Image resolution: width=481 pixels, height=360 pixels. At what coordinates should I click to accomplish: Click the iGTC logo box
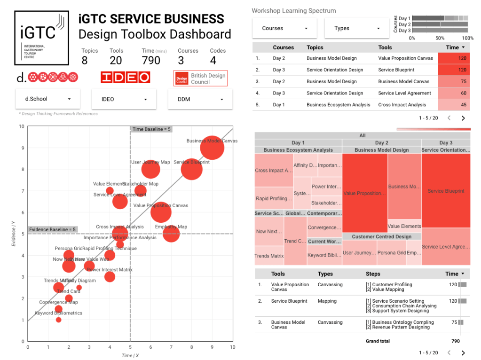[x=41, y=38]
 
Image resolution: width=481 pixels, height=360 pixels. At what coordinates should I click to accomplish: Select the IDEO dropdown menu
[x=124, y=99]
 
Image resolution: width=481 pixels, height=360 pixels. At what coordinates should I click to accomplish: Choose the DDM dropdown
[x=200, y=99]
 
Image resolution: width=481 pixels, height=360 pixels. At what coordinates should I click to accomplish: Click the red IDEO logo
[x=125, y=78]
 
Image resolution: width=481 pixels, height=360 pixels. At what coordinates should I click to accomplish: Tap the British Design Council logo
[x=200, y=78]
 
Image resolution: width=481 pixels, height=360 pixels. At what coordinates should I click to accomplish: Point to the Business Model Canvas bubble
[x=212, y=148]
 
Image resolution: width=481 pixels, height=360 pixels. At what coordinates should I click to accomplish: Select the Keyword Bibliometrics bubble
[x=58, y=320]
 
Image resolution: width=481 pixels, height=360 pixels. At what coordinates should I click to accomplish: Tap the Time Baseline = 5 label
[x=151, y=129]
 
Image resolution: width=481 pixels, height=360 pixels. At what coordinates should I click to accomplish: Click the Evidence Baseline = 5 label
[x=52, y=229]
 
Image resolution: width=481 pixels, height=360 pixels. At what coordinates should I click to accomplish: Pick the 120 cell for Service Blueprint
[x=454, y=70]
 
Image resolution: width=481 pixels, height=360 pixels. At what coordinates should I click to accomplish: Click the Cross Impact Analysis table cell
[x=402, y=105]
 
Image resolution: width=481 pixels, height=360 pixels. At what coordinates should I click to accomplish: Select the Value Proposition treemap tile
[x=365, y=193]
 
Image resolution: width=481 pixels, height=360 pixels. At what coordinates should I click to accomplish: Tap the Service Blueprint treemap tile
[x=446, y=191]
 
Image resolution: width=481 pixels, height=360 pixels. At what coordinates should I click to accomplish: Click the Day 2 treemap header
[x=381, y=143]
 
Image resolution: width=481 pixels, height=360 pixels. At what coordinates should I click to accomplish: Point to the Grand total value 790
[x=455, y=341]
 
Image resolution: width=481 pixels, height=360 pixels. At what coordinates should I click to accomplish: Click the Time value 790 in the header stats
[x=151, y=60]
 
